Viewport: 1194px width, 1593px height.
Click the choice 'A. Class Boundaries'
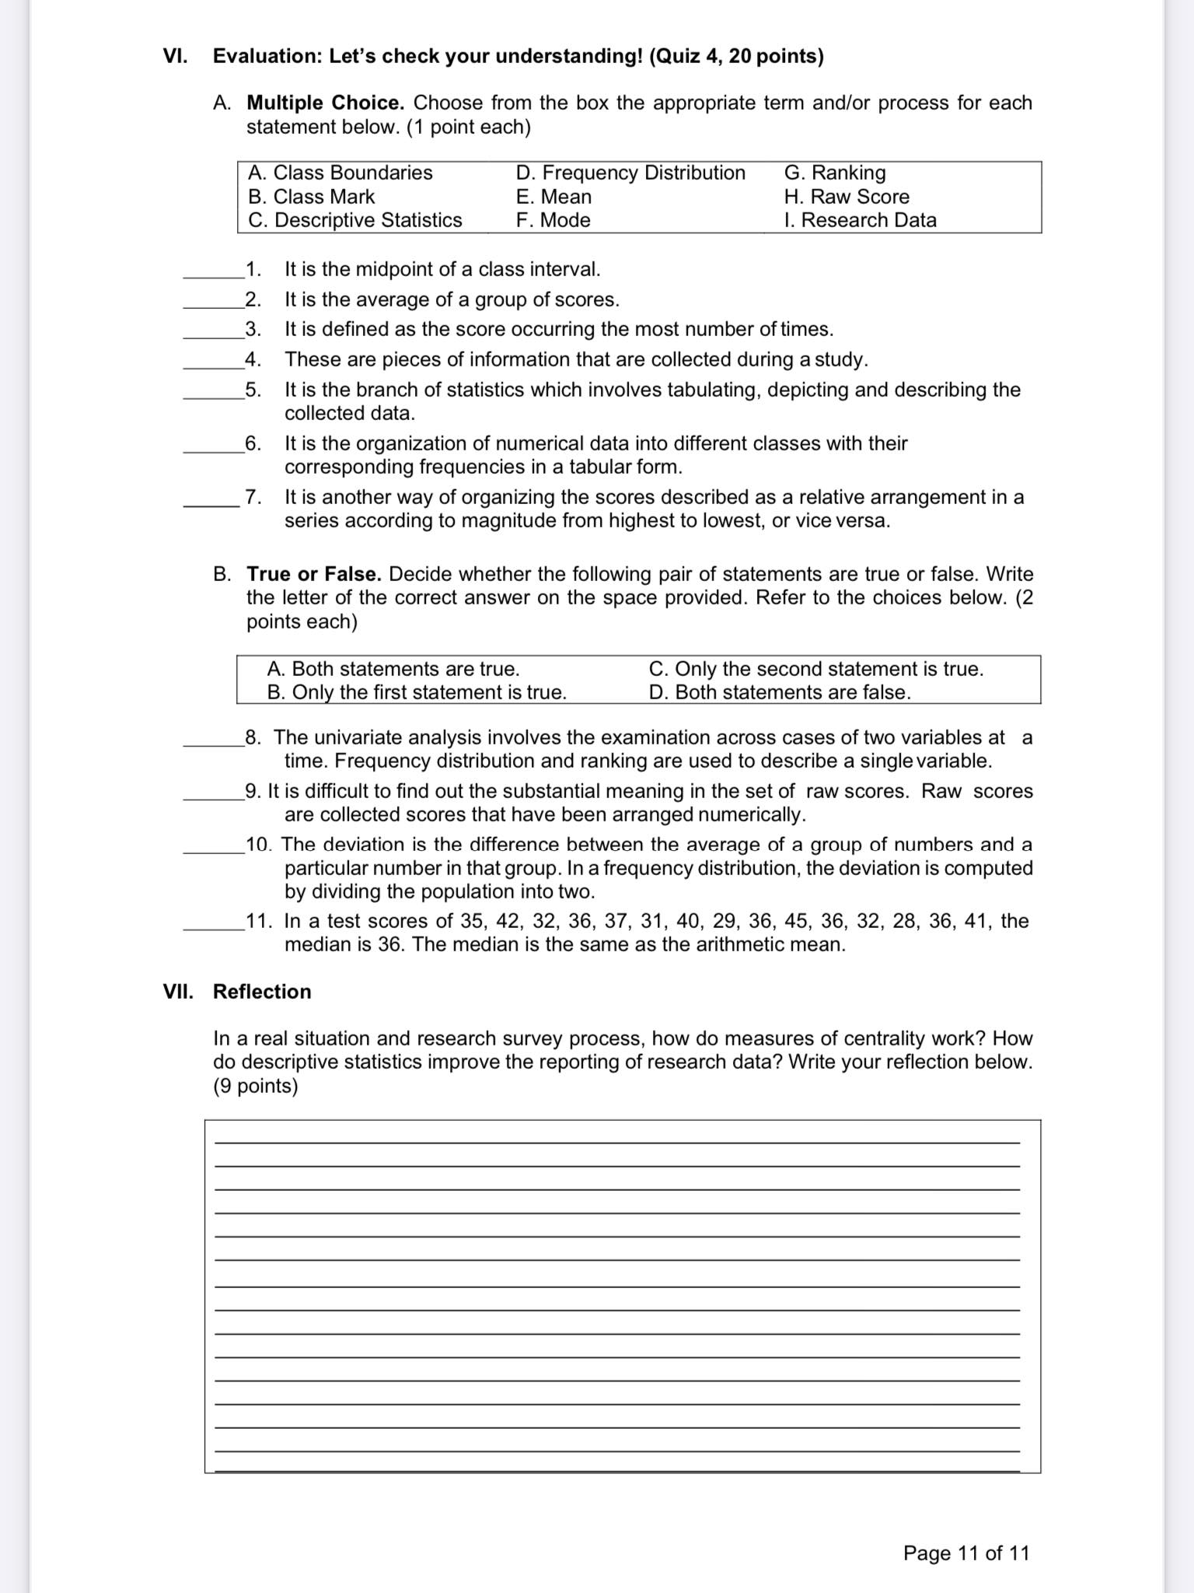[340, 173]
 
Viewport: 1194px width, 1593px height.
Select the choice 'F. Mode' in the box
[553, 220]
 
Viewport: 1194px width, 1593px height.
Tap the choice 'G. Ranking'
[834, 173]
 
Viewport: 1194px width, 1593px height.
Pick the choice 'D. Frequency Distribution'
[630, 173]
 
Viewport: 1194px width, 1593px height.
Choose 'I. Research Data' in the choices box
[860, 220]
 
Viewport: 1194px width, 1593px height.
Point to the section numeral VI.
[175, 56]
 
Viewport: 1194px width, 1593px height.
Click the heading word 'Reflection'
[262, 992]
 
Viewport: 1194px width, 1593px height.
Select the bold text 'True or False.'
[313, 574]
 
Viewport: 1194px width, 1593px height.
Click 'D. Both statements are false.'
[779, 692]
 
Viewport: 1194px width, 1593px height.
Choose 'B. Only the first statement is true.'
[417, 692]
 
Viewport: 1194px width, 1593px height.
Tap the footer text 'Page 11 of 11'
[965, 1553]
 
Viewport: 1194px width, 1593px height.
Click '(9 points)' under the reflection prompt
[255, 1086]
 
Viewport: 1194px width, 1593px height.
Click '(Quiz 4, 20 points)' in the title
[736, 56]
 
